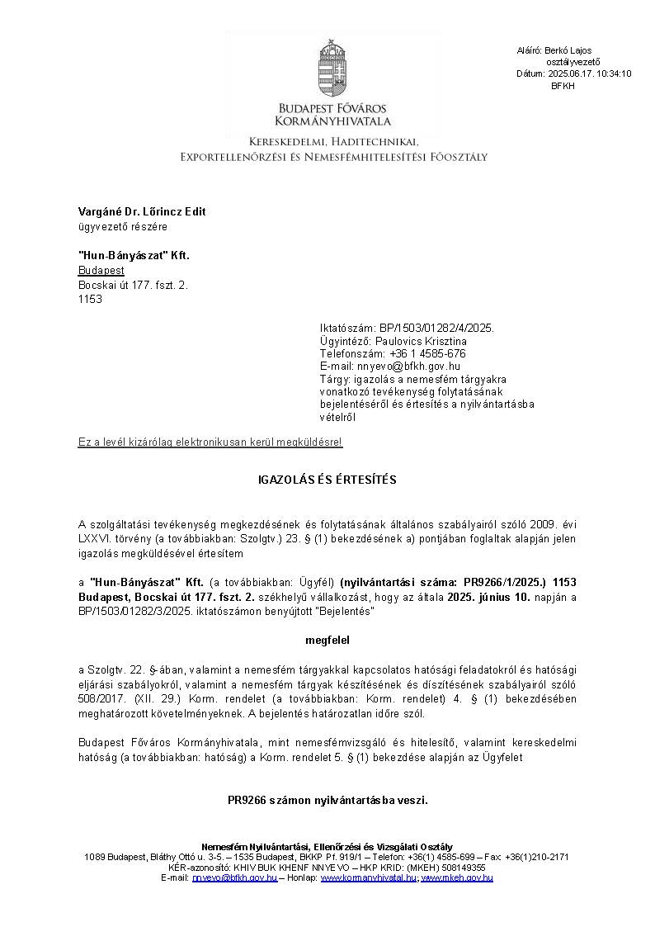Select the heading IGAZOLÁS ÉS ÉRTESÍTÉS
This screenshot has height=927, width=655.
tap(327, 480)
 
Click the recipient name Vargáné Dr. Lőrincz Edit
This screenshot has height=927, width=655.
tap(142, 211)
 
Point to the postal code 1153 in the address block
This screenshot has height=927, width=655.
tap(90, 300)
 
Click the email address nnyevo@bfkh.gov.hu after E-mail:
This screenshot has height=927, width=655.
tap(408, 366)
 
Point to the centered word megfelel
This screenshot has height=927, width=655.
tap(327, 639)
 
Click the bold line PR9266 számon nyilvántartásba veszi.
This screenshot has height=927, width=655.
tap(327, 800)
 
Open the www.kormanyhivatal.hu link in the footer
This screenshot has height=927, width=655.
tap(368, 877)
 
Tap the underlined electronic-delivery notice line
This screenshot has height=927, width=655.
tap(210, 443)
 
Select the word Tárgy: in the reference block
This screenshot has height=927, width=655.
tap(335, 379)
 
